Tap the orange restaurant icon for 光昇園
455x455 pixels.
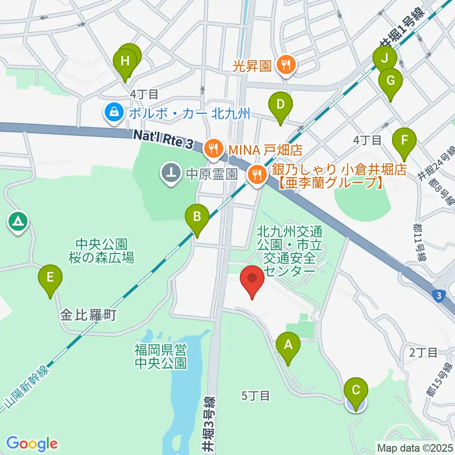286,65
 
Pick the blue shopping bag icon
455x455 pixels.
114,113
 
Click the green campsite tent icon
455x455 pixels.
18,221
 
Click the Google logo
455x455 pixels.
32,444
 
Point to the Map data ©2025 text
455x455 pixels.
414,447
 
